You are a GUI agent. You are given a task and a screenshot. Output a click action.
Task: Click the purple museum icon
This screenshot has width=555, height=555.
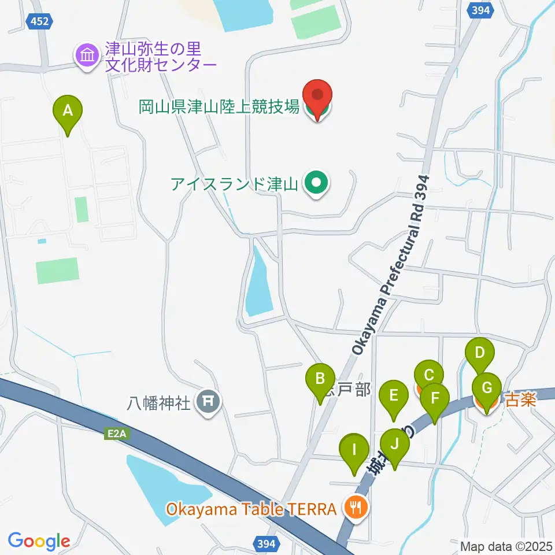87,56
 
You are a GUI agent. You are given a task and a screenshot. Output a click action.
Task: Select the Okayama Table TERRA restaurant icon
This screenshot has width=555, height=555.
354,508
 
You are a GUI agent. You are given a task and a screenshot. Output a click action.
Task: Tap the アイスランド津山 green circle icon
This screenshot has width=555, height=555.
316,184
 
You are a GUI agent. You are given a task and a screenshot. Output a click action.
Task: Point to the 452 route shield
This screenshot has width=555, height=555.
40,21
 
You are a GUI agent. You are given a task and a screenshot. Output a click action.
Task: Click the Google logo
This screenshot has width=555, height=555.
39,541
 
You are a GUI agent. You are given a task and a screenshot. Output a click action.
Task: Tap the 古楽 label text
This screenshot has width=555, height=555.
521,399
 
